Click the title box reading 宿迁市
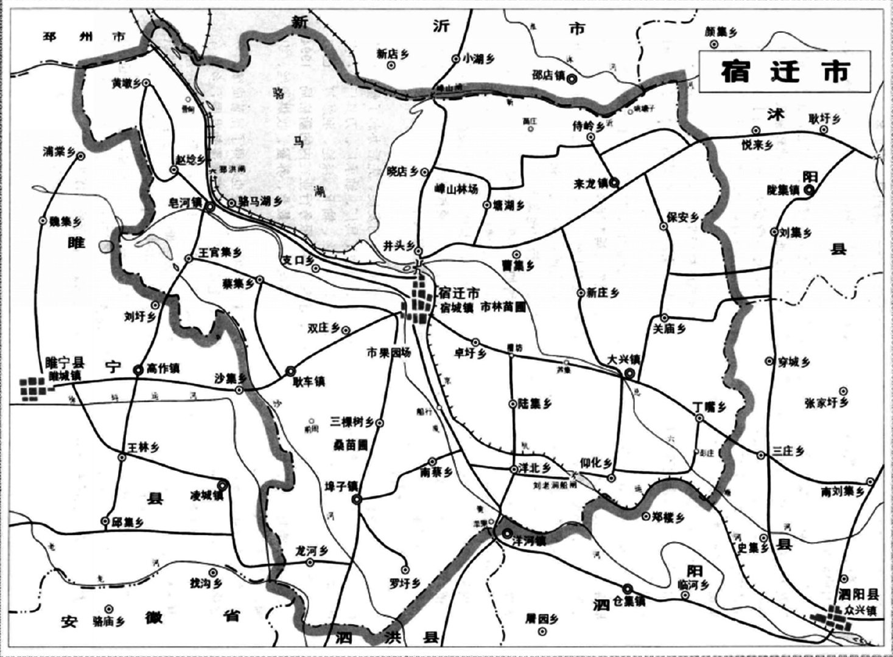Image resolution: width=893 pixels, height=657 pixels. pos(785,71)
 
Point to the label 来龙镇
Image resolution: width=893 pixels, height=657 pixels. pos(591,182)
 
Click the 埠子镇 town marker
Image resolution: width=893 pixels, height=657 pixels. pos(356,499)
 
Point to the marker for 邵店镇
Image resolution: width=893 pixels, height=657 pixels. pos(571,78)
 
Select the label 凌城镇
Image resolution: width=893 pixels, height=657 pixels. pos(208,496)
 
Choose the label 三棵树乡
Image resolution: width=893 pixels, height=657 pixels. pos(352,422)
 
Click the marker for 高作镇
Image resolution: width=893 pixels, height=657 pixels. pos(138,369)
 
